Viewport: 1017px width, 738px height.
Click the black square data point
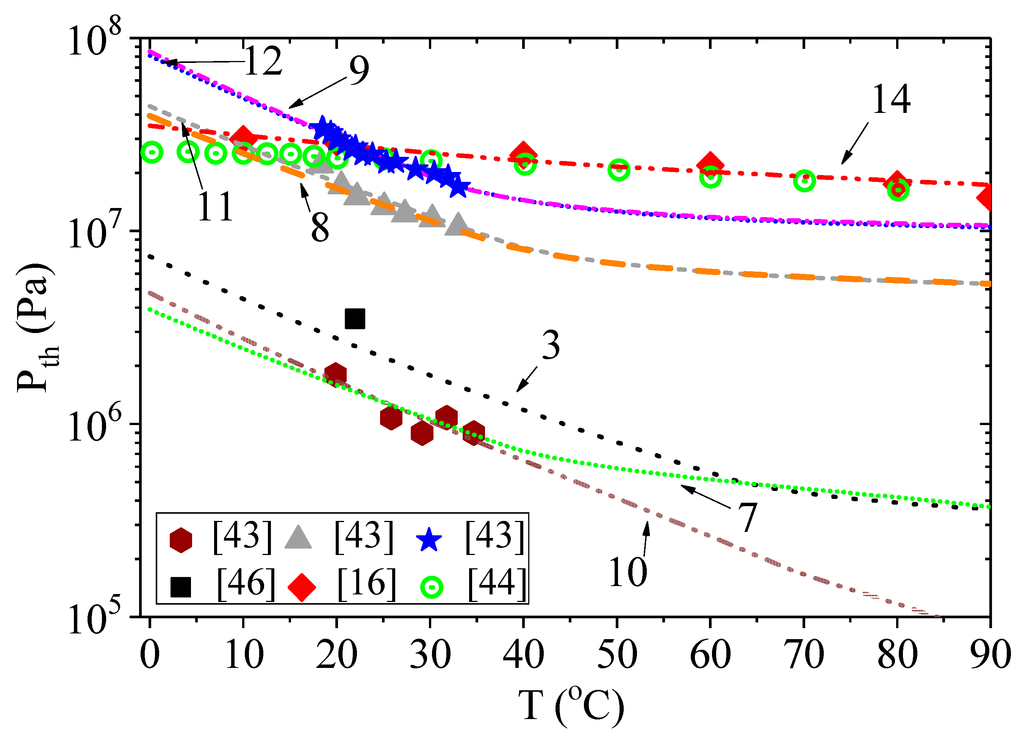tap(355, 319)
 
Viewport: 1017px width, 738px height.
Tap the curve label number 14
tap(891, 100)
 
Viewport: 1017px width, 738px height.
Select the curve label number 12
tap(263, 61)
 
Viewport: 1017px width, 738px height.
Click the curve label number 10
tap(628, 572)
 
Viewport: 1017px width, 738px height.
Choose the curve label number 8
tap(320, 228)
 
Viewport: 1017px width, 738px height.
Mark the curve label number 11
tap(215, 207)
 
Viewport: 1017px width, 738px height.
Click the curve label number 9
tap(359, 71)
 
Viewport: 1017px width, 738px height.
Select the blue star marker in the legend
tap(429, 539)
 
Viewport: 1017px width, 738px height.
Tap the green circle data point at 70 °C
tap(804, 181)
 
